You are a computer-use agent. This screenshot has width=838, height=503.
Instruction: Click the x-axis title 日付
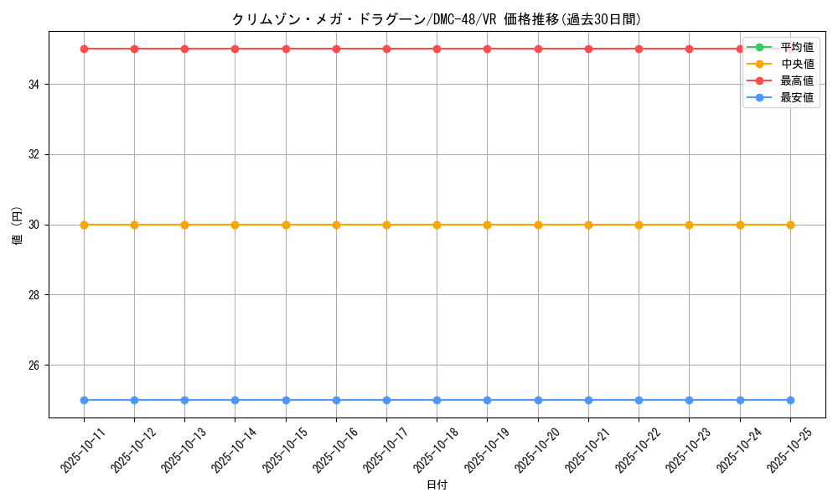[x=437, y=485]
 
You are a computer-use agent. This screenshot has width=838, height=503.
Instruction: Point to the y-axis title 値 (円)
[x=18, y=225]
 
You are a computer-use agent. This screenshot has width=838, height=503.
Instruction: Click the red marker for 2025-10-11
[x=84, y=49]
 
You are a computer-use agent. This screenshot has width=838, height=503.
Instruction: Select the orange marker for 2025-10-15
[x=286, y=225]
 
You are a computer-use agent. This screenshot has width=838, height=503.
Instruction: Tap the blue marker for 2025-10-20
[x=538, y=400]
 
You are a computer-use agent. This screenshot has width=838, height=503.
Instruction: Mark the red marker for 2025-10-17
[x=386, y=49]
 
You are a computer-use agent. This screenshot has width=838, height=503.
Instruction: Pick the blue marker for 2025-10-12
[x=134, y=400]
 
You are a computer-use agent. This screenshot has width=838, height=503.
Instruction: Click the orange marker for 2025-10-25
[x=790, y=225]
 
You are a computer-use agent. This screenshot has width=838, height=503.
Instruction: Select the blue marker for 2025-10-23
[x=689, y=400]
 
